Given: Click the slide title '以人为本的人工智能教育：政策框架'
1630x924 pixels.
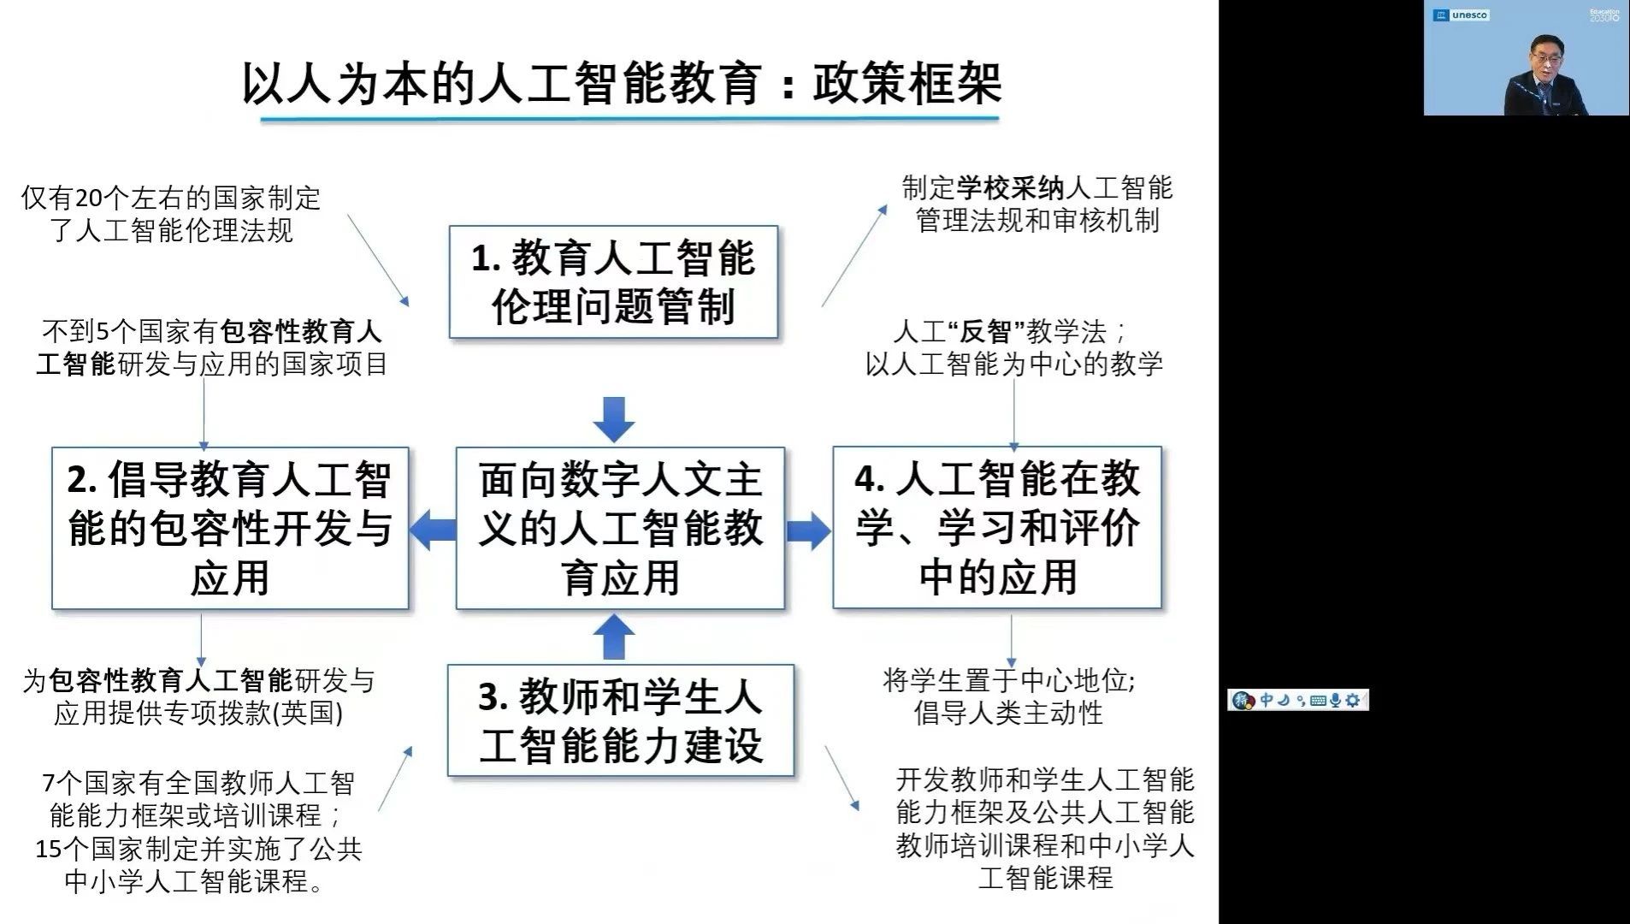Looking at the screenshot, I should tap(622, 84).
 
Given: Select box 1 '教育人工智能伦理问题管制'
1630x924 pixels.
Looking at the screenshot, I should tap(613, 281).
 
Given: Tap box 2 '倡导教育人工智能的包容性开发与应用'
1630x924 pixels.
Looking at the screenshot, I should tap(230, 528).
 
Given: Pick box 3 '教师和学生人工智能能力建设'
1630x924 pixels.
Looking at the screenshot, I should tap(621, 720).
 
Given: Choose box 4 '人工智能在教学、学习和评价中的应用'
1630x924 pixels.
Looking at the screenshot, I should tap(997, 528).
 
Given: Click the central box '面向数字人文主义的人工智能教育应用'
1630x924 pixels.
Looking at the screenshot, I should tap(620, 528).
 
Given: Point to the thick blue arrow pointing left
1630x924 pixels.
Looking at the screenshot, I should tap(432, 530).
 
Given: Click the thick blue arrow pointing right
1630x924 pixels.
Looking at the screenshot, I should tap(808, 530).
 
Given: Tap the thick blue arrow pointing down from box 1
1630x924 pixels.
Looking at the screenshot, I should tap(614, 419).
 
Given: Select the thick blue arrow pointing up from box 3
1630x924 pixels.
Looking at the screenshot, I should tap(614, 637).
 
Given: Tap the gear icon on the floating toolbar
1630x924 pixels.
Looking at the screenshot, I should tap(1353, 701).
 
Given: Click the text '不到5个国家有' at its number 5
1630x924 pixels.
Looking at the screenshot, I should tap(104, 332).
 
